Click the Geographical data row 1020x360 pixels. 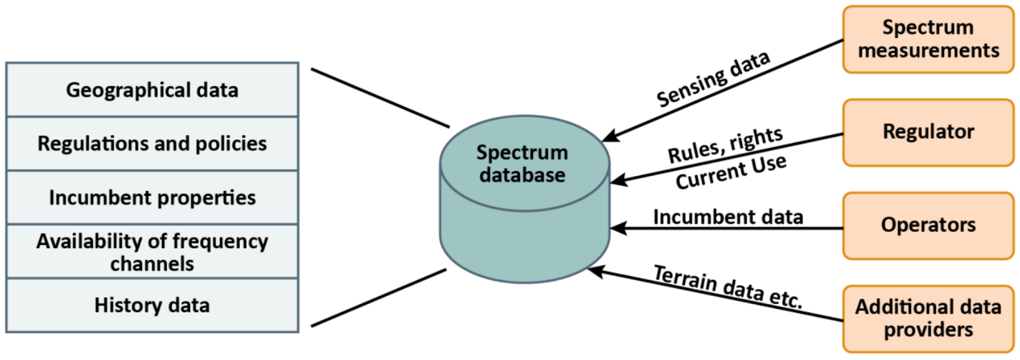tap(152, 90)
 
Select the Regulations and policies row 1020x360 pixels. tap(152, 143)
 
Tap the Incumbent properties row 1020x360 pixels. tap(152, 197)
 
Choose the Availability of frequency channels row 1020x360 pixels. tap(152, 252)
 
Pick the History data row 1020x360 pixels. tap(152, 305)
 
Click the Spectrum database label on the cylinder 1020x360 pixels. tap(523, 163)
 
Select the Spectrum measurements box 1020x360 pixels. tap(928, 39)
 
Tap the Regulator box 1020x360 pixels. tap(928, 132)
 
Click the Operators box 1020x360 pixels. tap(928, 225)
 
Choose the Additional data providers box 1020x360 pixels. tap(928, 318)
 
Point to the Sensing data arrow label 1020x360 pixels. tap(714, 79)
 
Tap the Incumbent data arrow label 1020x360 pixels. tap(728, 217)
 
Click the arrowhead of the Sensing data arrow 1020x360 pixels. tap(607, 139)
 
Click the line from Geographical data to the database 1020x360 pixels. tap(379, 98)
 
